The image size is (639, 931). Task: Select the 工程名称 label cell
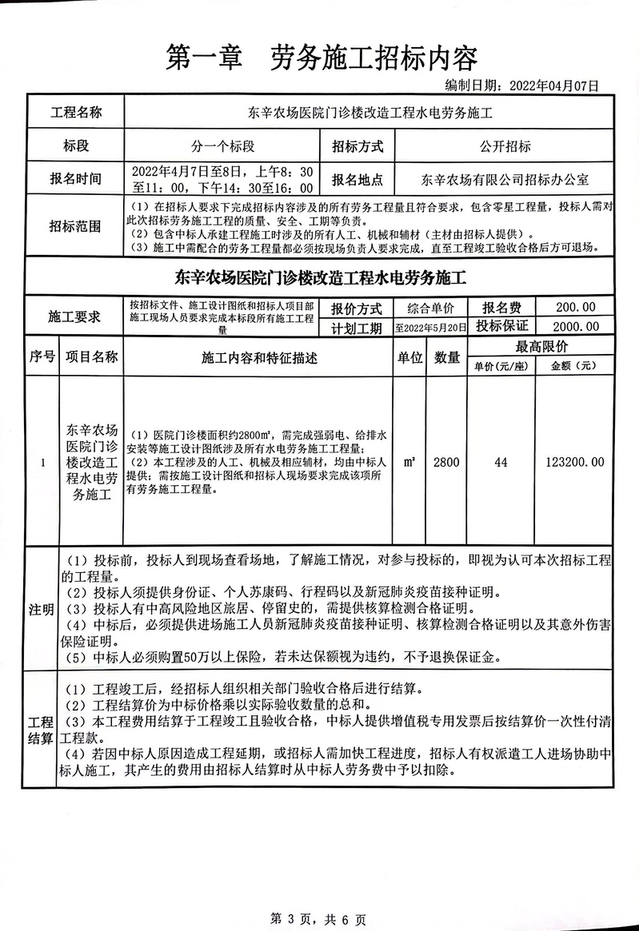[x=77, y=112]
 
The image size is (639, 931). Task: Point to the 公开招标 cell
[x=505, y=146]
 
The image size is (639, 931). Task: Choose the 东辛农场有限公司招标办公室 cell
[x=505, y=180]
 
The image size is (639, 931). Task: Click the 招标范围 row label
[x=77, y=226]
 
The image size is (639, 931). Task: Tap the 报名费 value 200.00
[x=575, y=308]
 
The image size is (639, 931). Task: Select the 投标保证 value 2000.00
[x=575, y=326]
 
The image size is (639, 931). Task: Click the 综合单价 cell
[x=430, y=308]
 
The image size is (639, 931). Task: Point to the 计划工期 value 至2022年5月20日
[x=430, y=328]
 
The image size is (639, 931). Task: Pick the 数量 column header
[x=447, y=359]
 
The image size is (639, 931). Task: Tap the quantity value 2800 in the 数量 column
[x=447, y=462]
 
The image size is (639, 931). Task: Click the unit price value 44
[x=501, y=462]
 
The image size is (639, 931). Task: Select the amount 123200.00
[x=574, y=462]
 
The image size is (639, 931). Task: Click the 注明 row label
[x=42, y=610]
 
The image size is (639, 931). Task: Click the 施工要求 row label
[x=77, y=317]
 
